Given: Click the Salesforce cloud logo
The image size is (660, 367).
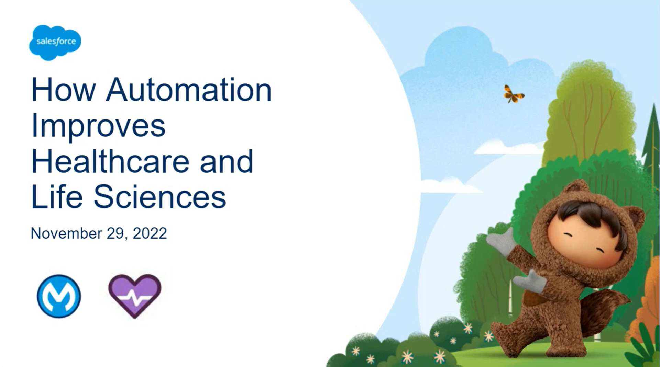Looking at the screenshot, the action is pos(55,42).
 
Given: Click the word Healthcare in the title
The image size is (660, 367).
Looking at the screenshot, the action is pos(110,161).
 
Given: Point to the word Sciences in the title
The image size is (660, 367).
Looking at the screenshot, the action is pos(160,197).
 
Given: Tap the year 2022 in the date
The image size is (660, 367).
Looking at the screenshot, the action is pos(150,233).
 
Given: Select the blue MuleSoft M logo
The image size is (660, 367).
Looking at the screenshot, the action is pos(59,296).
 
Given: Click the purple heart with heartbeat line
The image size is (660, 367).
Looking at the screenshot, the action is pos(135,295).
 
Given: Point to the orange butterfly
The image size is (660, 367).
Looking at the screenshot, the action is pos(514,94).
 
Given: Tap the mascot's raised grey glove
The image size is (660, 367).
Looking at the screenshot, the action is pos(502,241).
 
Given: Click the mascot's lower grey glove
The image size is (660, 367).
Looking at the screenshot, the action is pos(529,282).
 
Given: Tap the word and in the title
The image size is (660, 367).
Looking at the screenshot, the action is pos(227,161).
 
